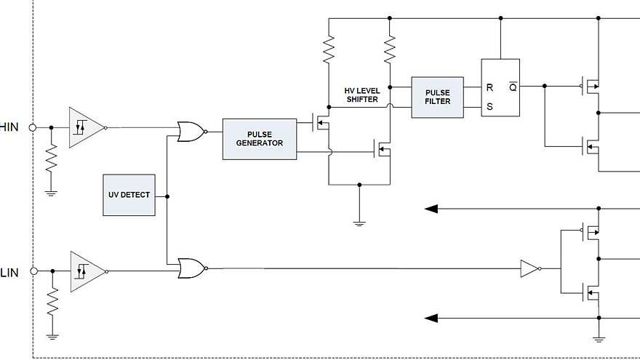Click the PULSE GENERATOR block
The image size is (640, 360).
(260, 138)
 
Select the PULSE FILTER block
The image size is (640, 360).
(437, 96)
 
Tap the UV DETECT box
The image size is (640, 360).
(129, 195)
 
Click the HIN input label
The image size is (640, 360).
(9, 127)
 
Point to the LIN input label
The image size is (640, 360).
(9, 271)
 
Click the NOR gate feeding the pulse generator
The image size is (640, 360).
(191, 132)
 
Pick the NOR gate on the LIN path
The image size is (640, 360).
(191, 268)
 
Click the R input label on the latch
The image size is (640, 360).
(489, 87)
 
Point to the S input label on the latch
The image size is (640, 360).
(489, 107)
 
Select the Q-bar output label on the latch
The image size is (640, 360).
(512, 87)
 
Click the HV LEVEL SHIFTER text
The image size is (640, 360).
(361, 95)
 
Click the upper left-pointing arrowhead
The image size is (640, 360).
(431, 209)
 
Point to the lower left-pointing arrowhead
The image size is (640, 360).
(431, 318)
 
